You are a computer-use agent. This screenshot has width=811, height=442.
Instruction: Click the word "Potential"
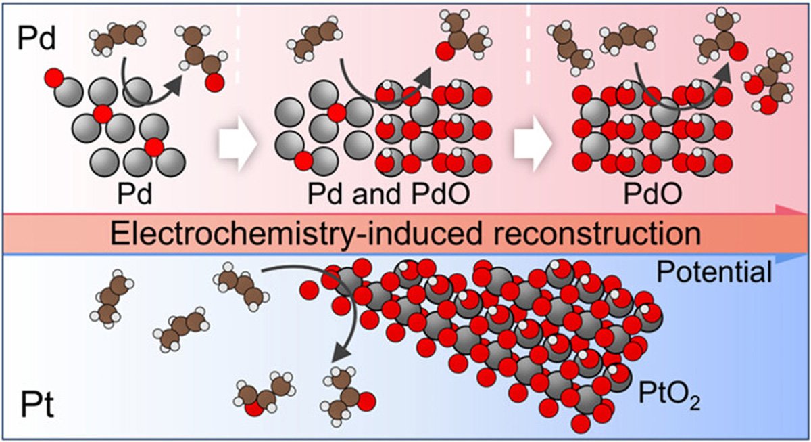tap(714, 272)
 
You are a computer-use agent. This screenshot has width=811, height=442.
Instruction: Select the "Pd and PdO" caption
tap(389, 194)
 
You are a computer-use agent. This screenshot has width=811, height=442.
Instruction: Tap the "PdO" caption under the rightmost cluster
tap(653, 194)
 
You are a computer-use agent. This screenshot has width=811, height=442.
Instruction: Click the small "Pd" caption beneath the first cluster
tap(134, 194)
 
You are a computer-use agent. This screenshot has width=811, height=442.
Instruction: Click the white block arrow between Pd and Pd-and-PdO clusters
tap(237, 144)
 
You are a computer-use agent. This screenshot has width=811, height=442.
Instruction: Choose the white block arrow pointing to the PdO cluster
tap(533, 144)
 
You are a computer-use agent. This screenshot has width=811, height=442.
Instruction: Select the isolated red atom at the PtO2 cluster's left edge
tap(310, 290)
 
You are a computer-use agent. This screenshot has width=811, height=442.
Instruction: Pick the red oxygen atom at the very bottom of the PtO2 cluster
tap(581, 424)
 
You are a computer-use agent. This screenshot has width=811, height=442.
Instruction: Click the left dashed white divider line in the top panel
tap(238, 43)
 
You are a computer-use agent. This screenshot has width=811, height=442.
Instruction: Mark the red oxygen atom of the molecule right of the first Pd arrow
tap(215, 83)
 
